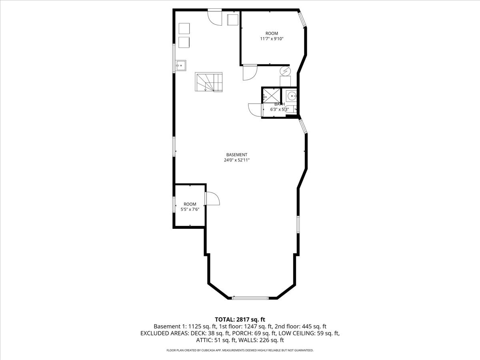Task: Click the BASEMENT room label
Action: [x=237, y=155]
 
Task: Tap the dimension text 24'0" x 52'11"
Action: [x=237, y=160]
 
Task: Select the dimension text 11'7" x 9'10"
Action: [x=272, y=39]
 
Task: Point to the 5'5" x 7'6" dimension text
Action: [x=190, y=209]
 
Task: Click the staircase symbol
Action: [x=209, y=82]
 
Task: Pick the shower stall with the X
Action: [x=271, y=95]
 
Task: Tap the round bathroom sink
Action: [x=292, y=96]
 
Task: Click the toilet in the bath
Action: [x=290, y=109]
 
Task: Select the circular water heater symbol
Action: [x=285, y=71]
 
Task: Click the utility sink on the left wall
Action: [x=181, y=66]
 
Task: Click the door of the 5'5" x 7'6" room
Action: [x=212, y=198]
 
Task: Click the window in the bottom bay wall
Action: [x=250, y=298]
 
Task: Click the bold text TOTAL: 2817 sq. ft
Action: [x=240, y=320]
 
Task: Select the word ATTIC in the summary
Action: [x=203, y=340]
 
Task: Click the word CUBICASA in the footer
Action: [x=209, y=350]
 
